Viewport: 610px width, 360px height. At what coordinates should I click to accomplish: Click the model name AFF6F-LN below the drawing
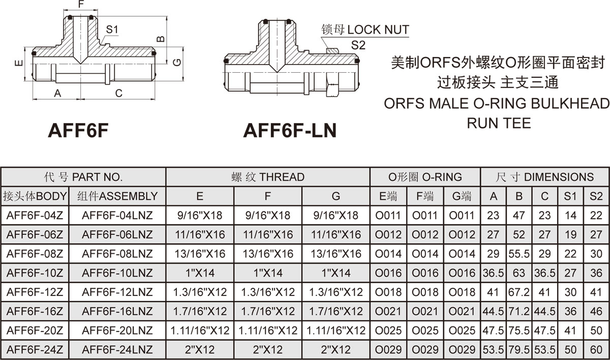tap(290, 131)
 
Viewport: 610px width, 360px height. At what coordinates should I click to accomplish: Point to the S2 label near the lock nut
tap(358, 45)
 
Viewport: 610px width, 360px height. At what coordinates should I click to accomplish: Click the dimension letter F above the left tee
tap(81, 5)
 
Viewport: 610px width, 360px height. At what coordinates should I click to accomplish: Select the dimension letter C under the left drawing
tap(118, 93)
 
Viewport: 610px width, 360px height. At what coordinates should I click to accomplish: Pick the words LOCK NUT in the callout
tap(378, 29)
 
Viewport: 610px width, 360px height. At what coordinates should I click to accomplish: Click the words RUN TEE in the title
tap(499, 123)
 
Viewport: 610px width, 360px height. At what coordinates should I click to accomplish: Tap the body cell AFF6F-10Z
tap(35, 273)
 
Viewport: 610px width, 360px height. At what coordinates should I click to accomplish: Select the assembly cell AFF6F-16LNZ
tap(117, 311)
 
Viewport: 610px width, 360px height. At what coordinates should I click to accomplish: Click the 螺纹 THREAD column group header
tap(267, 177)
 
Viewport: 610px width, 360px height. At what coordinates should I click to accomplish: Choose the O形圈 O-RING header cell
tap(425, 177)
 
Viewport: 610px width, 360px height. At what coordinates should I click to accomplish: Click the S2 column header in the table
tap(596, 196)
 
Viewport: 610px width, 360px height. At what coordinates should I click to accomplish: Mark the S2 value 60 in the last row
tap(596, 350)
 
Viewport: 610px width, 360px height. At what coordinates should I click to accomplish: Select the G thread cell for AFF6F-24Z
tap(336, 350)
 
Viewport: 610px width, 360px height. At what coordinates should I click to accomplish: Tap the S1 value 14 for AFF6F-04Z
tap(570, 216)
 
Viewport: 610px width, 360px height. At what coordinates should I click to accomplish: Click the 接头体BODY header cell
tap(35, 196)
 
